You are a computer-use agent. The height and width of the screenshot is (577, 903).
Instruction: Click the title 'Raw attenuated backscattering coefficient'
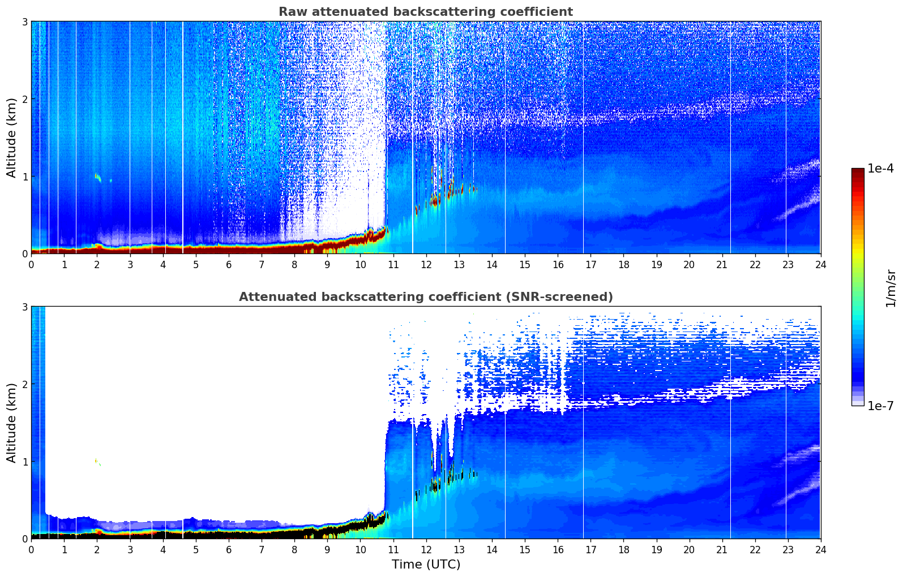pos(425,12)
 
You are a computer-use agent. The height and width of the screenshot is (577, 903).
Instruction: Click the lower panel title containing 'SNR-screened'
pos(425,297)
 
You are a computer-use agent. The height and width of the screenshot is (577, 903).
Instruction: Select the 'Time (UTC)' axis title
pos(426,565)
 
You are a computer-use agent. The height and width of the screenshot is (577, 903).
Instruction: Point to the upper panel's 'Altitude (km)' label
pos(11,137)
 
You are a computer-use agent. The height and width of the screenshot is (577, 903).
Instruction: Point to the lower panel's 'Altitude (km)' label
pos(11,423)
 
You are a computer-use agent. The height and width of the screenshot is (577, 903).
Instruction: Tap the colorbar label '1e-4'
pos(880,169)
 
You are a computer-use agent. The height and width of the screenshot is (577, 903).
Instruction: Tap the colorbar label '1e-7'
pos(880,406)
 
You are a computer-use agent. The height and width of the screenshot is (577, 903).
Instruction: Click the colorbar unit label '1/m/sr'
pos(891,288)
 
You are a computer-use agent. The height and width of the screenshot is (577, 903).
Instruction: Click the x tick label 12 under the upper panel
pos(426,265)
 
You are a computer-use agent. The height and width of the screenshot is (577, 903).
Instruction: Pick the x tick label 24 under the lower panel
pos(820,550)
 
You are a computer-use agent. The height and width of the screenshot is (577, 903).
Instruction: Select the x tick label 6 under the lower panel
pos(229,550)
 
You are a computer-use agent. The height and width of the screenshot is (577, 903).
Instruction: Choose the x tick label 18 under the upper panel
pos(623,265)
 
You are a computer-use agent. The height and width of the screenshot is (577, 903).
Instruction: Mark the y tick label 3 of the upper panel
pos(24,21)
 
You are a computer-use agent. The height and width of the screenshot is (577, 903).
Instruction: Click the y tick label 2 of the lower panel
pos(24,384)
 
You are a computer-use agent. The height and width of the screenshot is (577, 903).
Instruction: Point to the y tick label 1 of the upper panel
pos(24,176)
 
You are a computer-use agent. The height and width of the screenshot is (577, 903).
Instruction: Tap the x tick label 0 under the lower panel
pos(31,550)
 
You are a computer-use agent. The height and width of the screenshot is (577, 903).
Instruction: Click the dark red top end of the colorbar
pos(858,171)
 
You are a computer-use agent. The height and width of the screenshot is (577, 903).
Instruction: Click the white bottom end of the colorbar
pos(858,403)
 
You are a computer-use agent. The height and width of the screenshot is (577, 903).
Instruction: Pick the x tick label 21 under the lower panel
pos(722,550)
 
